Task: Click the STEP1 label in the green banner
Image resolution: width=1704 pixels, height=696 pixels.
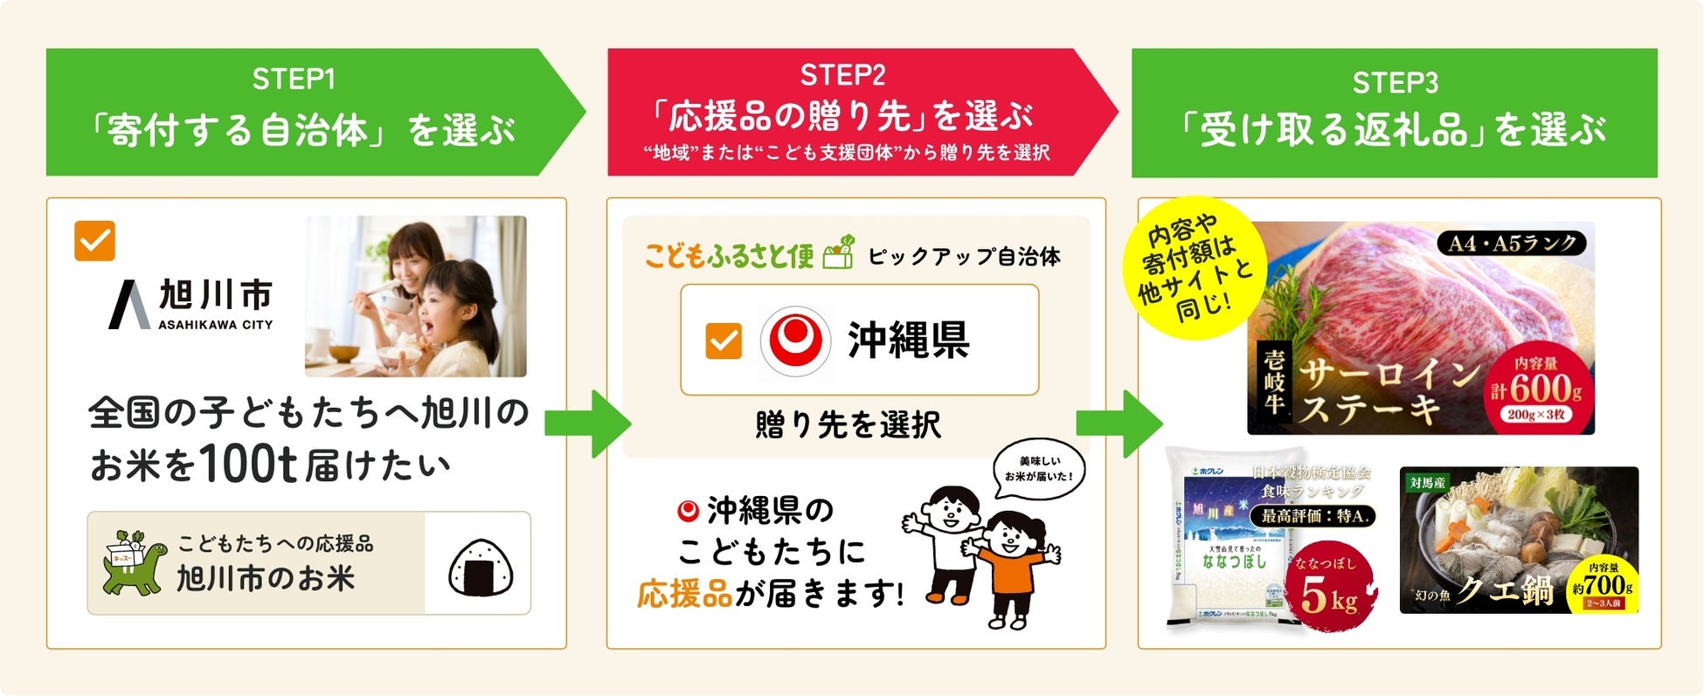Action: pyautogui.click(x=294, y=79)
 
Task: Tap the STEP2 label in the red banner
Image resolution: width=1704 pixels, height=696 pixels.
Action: pyautogui.click(x=842, y=75)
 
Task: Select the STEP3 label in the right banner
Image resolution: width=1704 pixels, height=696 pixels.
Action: pyautogui.click(x=1395, y=83)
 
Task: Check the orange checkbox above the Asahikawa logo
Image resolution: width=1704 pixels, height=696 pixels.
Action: pyautogui.click(x=94, y=240)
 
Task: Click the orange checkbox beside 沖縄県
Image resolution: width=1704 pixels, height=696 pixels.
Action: pyautogui.click(x=724, y=341)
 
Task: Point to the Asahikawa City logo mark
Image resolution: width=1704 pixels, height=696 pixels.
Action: pyautogui.click(x=128, y=305)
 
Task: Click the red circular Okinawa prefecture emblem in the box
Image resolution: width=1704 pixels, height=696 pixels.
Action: pyautogui.click(x=794, y=341)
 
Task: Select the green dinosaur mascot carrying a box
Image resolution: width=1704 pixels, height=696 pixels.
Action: pyautogui.click(x=132, y=563)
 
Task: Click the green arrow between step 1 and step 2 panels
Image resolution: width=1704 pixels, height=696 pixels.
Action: pyautogui.click(x=587, y=424)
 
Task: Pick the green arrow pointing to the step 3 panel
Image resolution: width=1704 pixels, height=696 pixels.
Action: pyautogui.click(x=1119, y=424)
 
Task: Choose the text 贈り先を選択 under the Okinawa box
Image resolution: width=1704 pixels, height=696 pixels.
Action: pyautogui.click(x=848, y=425)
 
